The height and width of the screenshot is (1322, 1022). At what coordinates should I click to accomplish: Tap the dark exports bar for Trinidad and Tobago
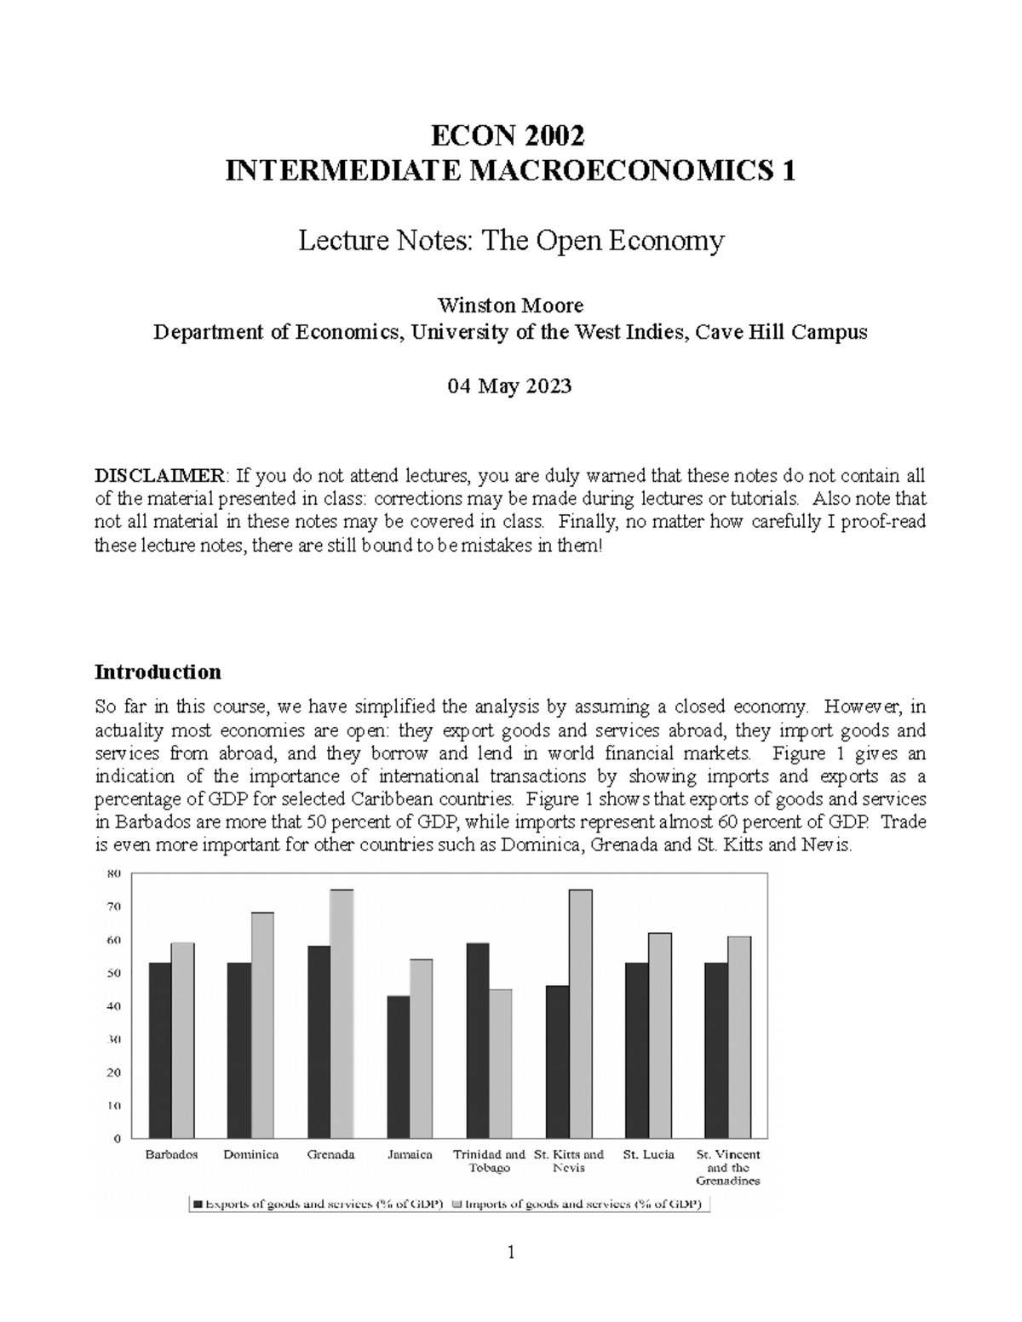tap(478, 1039)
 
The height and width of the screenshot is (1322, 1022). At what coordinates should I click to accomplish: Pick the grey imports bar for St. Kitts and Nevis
tap(581, 1013)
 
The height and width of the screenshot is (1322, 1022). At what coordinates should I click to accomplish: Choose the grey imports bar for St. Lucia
tap(660, 1035)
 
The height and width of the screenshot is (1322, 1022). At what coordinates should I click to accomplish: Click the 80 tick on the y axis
tap(113, 873)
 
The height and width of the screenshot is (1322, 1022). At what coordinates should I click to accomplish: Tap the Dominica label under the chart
tap(251, 1155)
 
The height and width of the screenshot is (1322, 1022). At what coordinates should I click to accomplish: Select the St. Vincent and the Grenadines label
tap(728, 1167)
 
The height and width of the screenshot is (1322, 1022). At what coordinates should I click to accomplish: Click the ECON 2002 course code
tap(509, 136)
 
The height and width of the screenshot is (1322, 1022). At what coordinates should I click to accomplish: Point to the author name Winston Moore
tap(509, 306)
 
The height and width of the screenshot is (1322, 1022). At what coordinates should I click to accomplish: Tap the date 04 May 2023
tap(509, 386)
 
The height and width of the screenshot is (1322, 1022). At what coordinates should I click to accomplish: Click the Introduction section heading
tap(158, 672)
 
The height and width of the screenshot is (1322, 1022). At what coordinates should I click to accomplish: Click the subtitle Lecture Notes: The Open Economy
tap(510, 242)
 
